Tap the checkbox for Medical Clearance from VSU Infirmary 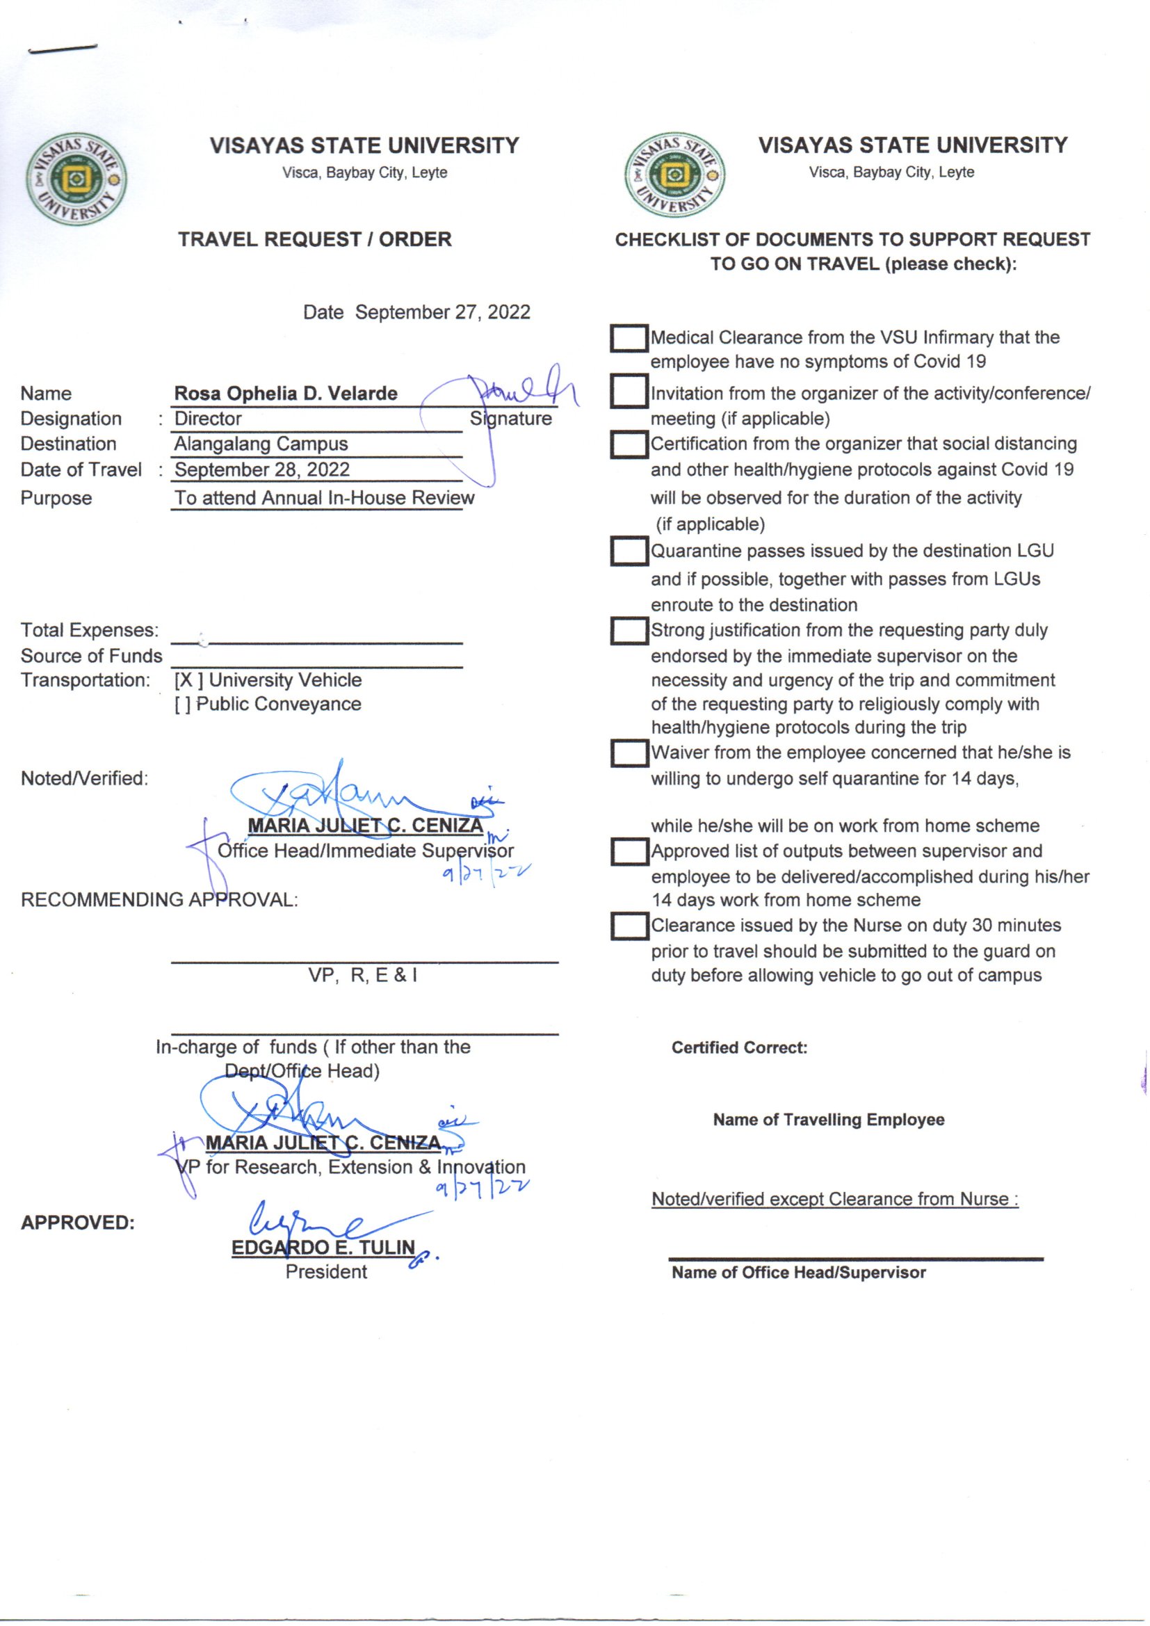tap(628, 339)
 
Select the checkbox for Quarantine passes tap(628, 551)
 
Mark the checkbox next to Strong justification tap(628, 630)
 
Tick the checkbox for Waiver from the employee tap(628, 752)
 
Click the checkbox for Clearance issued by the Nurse tap(628, 926)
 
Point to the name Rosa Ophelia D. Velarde tap(286, 394)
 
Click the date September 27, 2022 tap(443, 312)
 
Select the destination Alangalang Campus tap(261, 444)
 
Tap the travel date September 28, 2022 tap(262, 469)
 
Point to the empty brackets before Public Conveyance tap(182, 705)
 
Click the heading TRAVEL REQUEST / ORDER tap(314, 239)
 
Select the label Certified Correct tap(739, 1047)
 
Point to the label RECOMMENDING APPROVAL tap(159, 900)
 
